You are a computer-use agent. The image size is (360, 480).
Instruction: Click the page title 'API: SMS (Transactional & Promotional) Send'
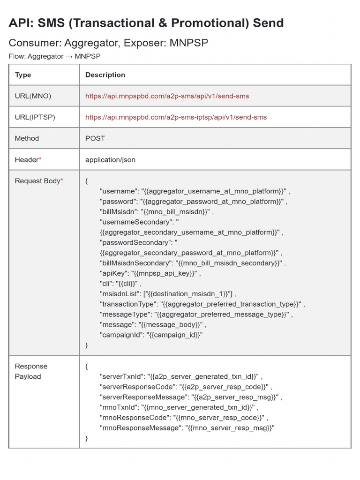[x=146, y=22]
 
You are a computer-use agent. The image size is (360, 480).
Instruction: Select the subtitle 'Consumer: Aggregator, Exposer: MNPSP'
[x=108, y=43]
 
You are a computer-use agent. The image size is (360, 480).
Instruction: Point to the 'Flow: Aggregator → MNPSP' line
[x=54, y=56]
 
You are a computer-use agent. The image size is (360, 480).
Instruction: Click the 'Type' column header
[x=23, y=75]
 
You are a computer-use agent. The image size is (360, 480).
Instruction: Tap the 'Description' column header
[x=105, y=75]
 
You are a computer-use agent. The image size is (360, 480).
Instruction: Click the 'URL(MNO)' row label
[x=33, y=96]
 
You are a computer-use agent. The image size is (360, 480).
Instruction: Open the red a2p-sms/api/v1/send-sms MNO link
[x=167, y=96]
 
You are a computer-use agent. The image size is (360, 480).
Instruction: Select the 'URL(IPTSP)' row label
[x=35, y=117]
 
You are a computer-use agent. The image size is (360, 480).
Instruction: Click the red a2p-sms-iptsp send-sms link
[x=176, y=117]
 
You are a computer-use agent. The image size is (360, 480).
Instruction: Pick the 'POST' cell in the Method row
[x=95, y=138]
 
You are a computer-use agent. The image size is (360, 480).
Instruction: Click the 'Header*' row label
[x=28, y=160]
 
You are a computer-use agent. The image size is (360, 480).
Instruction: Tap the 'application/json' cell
[x=110, y=160]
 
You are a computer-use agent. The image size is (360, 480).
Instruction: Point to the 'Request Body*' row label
[x=39, y=181]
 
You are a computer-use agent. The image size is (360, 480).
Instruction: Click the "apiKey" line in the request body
[x=150, y=273]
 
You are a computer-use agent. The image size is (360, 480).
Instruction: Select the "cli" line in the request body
[x=120, y=284]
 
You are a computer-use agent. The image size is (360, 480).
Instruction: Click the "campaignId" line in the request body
[x=151, y=335]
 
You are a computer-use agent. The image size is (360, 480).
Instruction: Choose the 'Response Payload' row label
[x=31, y=371]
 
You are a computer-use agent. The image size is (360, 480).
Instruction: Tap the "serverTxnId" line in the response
[x=181, y=376]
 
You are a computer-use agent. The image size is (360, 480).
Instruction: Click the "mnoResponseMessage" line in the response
[x=187, y=427]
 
